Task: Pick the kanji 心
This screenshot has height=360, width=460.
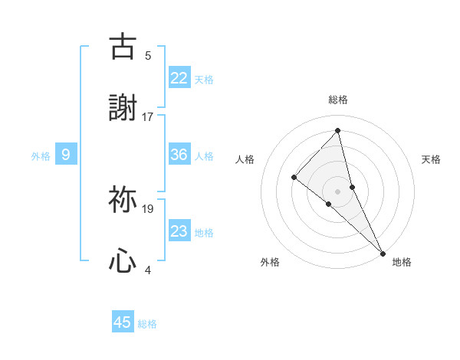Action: click(123, 261)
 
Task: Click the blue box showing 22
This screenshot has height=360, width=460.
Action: click(179, 77)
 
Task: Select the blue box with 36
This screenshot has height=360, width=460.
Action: click(179, 155)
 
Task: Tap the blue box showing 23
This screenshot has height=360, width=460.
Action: click(179, 231)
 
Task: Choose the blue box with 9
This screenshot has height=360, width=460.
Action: click(66, 155)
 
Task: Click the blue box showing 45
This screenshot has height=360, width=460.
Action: click(123, 322)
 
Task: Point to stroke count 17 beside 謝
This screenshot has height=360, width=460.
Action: click(148, 117)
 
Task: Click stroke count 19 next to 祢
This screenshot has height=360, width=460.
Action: click(148, 208)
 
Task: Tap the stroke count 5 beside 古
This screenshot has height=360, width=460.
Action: click(148, 55)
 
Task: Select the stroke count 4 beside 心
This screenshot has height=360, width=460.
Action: click(148, 270)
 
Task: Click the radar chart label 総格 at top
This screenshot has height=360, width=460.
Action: click(338, 100)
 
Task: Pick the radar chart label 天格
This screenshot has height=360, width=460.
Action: click(432, 159)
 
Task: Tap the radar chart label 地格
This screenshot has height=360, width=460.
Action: click(402, 262)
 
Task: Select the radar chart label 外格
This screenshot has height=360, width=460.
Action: click(270, 262)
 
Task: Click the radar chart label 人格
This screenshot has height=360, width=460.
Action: click(245, 159)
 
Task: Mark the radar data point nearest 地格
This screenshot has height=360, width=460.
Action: click(382, 252)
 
